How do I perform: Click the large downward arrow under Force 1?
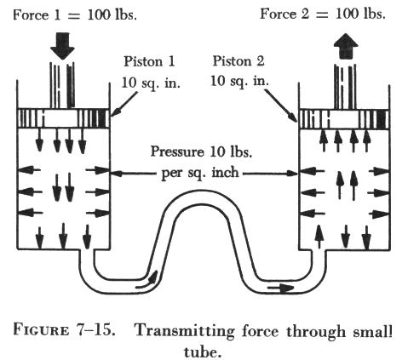pos(62,46)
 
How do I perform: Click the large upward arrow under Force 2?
pos(346,46)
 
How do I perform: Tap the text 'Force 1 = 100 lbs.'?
pos(75,14)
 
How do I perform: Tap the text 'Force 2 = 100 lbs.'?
pos(323,14)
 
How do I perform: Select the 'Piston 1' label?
pos(149,61)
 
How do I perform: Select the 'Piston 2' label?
pos(238,60)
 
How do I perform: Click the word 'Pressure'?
pos(177,151)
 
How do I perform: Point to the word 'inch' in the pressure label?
pos(224,172)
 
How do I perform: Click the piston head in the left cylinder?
pos(63,118)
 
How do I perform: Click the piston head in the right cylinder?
pos(344,119)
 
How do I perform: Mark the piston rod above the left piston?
pos(62,85)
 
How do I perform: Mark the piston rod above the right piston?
pos(345,87)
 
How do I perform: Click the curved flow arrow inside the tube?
pos(147,280)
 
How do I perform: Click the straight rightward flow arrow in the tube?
pos(280,289)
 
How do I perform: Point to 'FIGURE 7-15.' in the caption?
pos(64,330)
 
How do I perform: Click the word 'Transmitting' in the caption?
pos(185,332)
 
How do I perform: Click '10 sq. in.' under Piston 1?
pos(151,83)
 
